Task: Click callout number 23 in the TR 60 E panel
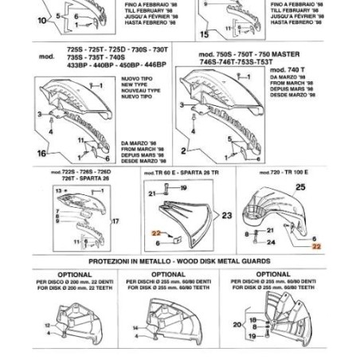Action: click(x=226, y=215)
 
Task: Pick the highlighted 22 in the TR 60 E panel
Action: click(x=157, y=233)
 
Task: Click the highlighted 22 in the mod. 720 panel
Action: click(x=316, y=247)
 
